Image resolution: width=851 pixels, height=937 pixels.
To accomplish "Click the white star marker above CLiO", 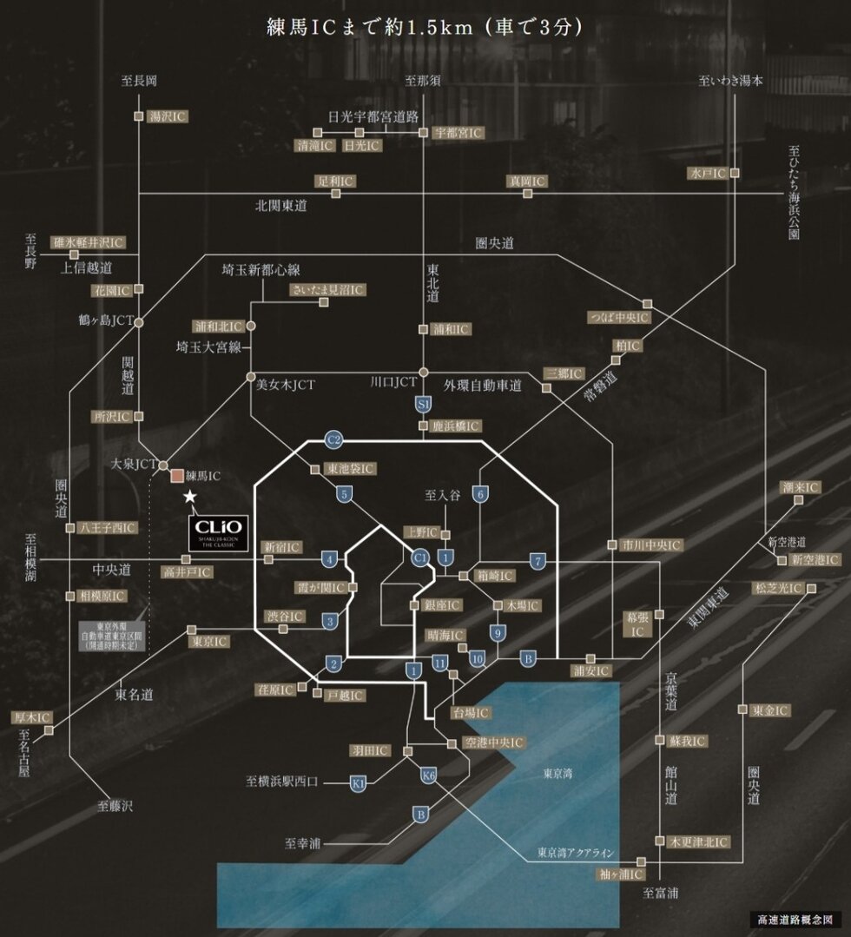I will coord(190,496).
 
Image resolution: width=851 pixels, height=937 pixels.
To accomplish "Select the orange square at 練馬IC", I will coord(176,476).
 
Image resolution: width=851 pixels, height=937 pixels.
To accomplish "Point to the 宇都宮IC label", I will coord(458,133).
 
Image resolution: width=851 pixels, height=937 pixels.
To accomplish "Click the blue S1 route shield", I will coord(424,404).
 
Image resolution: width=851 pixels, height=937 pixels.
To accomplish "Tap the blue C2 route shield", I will coord(333,440).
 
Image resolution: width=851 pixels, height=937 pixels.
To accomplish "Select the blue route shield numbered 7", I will coord(538,560).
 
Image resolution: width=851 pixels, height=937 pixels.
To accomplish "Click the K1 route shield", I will coord(358,783).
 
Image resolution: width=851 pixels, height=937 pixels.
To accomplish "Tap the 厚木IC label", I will coord(33,718).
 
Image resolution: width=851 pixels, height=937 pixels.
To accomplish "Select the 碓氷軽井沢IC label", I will coord(89,242).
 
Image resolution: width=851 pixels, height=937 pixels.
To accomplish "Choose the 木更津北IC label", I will coord(698,842).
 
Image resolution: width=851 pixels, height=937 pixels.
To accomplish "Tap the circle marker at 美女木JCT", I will coord(251,379).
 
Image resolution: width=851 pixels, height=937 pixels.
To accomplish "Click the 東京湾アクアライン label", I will coord(577,851).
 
